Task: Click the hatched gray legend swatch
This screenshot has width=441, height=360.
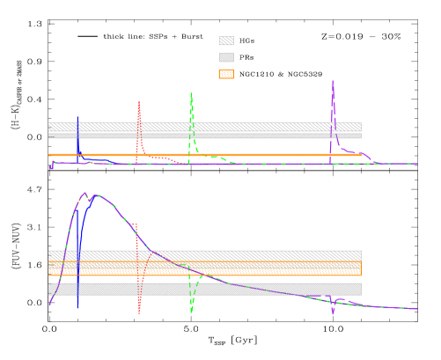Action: pos(226,40)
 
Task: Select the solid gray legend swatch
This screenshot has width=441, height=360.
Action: pos(226,57)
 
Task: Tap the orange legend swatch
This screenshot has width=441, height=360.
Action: pos(226,74)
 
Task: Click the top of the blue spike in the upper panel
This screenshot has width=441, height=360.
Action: pos(77,117)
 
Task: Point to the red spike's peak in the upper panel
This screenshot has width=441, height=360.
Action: pos(139,101)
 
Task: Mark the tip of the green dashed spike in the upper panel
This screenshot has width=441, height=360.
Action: pos(191,92)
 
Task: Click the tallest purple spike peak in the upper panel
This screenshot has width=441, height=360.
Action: pos(333,81)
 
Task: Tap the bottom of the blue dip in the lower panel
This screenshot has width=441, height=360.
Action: pos(77,308)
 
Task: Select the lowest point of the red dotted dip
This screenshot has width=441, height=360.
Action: pos(139,312)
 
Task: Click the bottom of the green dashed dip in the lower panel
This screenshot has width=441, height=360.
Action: pos(191,312)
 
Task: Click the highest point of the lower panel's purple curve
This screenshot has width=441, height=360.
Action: pos(85,193)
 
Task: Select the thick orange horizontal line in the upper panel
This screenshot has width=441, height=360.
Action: pos(264,155)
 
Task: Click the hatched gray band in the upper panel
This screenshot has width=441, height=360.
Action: pos(264,127)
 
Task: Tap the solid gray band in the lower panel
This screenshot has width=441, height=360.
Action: pos(264,289)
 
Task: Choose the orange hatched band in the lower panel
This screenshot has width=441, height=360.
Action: pos(264,267)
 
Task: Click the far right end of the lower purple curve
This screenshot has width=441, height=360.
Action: pos(416,309)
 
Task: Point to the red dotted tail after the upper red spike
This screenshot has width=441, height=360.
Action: pos(158,158)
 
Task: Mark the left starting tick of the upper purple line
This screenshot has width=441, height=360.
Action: pos(51,166)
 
